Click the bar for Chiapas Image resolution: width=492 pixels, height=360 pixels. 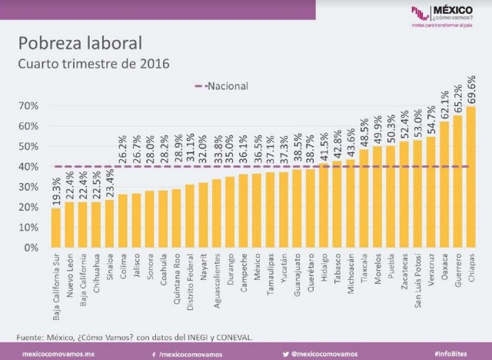(x=470, y=177)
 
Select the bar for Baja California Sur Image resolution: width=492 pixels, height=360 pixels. (x=55, y=228)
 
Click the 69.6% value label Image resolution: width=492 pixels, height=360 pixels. (x=470, y=89)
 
